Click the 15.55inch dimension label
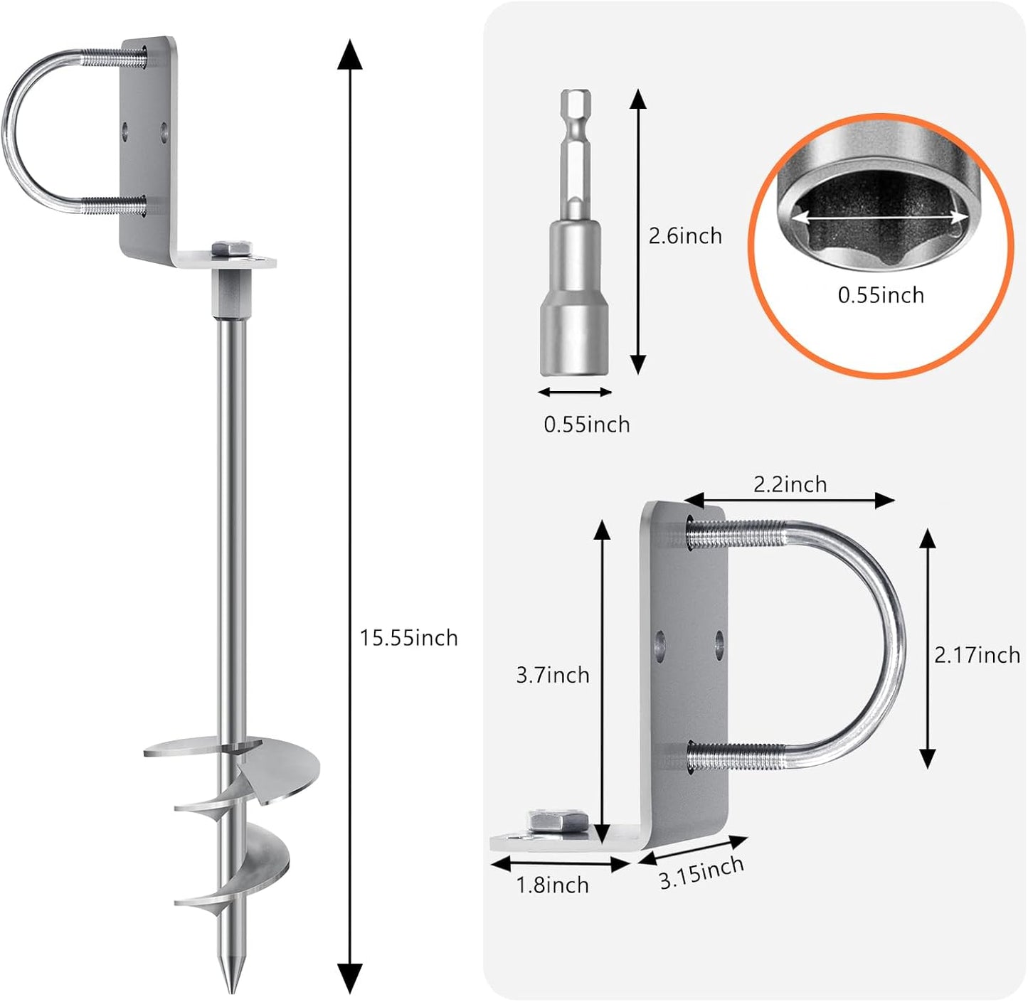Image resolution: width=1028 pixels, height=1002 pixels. tap(408, 637)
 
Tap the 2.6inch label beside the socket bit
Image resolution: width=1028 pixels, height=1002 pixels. tap(684, 235)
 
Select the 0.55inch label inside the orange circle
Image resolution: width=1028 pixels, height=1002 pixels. tap(881, 294)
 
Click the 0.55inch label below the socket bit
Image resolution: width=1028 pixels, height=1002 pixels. tap(587, 424)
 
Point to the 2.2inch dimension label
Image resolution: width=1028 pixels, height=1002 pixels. tap(790, 484)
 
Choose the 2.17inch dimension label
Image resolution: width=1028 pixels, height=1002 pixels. tap(977, 654)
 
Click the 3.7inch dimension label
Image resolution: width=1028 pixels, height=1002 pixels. tap(553, 674)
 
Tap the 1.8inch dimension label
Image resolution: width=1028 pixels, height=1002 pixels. tap(552, 885)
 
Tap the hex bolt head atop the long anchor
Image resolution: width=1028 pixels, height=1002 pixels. tap(232, 249)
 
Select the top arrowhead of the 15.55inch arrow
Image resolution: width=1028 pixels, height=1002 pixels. tap(349, 55)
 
